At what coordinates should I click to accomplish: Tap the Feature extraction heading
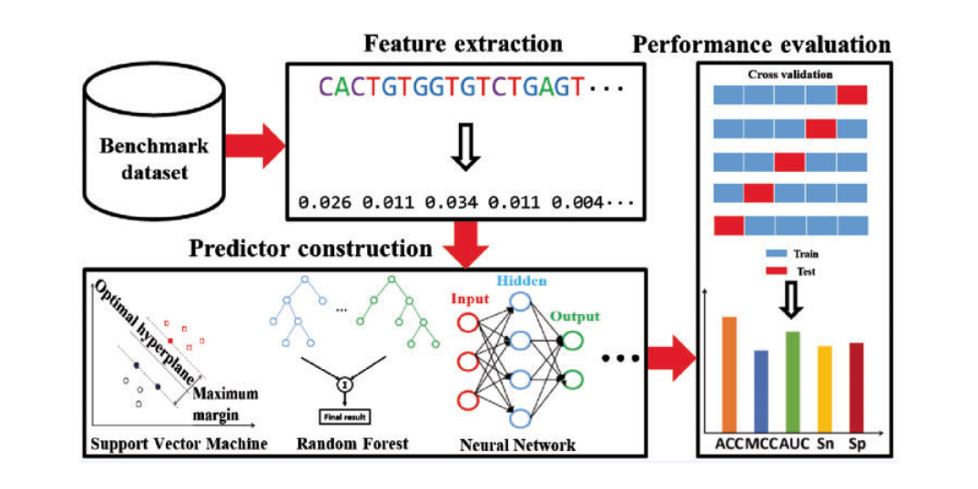click(x=464, y=45)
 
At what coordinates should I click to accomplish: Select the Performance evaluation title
click(x=761, y=45)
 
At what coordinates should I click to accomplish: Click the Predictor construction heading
click(x=311, y=249)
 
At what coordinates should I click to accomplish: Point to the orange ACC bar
click(x=729, y=372)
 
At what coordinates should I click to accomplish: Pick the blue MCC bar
click(x=760, y=389)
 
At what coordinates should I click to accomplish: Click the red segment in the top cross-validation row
click(x=852, y=96)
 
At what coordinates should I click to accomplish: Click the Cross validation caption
click(x=790, y=74)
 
